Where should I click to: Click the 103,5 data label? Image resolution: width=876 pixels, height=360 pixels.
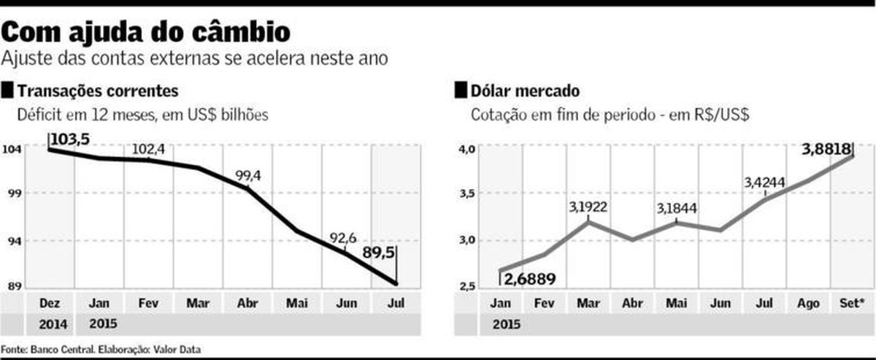pos(69,139)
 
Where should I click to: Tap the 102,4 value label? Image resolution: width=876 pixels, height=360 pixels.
pos(148,150)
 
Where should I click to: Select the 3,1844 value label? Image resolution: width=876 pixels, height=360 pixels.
pos(677,209)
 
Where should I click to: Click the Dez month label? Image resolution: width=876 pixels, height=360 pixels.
pos(47,302)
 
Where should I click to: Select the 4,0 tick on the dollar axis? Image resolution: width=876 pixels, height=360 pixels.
pos(466,150)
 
